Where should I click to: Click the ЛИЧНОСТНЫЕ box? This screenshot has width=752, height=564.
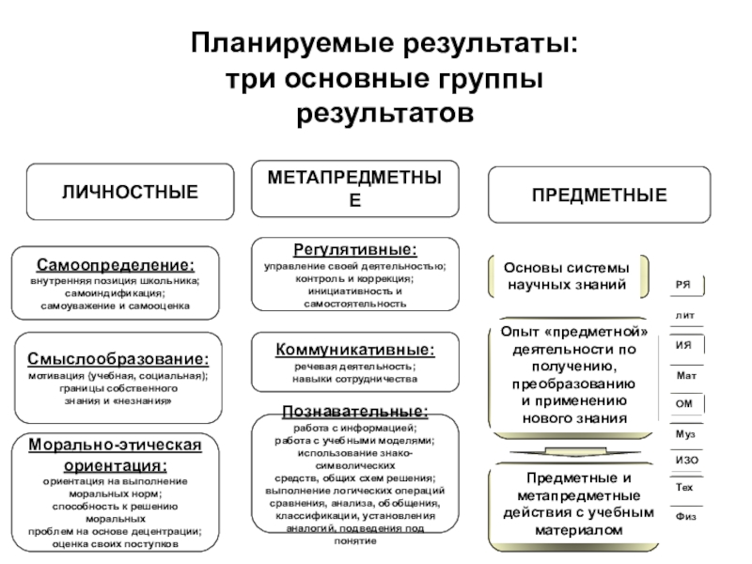tap(130, 193)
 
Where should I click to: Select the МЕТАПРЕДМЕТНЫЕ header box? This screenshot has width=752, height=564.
tap(354, 189)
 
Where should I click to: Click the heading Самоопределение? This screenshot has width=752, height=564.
tap(117, 266)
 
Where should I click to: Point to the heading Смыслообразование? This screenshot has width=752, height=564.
tap(117, 360)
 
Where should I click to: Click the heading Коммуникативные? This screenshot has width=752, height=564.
tap(354, 350)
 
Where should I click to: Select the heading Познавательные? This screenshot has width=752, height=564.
tap(354, 412)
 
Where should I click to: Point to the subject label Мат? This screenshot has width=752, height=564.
tap(685, 375)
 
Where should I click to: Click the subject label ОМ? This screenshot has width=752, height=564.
tap(684, 403)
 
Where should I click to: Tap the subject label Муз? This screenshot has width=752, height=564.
tap(685, 432)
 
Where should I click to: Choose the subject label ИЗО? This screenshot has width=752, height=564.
tap(686, 460)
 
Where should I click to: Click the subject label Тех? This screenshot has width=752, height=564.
tap(684, 489)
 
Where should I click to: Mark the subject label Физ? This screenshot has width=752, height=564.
tap(685, 517)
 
